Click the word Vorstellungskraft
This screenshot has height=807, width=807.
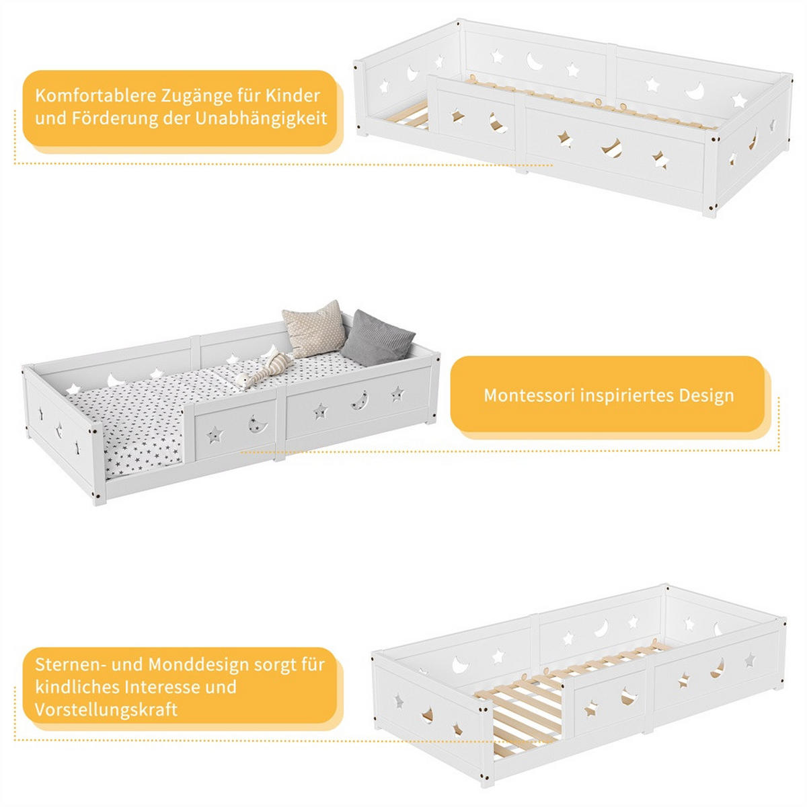click(106, 710)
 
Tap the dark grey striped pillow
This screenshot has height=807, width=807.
click(377, 338)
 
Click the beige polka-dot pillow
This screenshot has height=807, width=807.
click(313, 328)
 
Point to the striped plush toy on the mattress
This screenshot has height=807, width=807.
click(264, 369)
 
